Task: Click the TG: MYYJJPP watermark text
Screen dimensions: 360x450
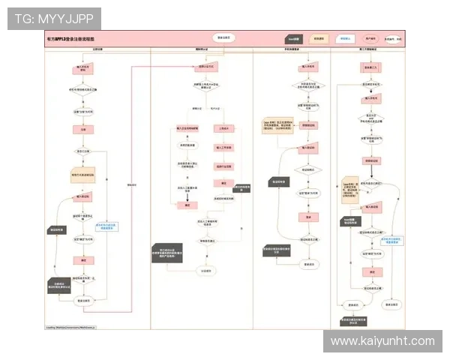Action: pyautogui.click(x=53, y=18)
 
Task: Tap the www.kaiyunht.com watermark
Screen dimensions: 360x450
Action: pyautogui.click(x=382, y=341)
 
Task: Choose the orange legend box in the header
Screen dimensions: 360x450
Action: pyautogui.click(x=319, y=38)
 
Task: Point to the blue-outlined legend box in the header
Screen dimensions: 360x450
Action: pyautogui.click(x=344, y=38)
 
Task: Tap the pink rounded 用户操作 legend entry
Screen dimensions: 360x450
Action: pyautogui.click(x=370, y=38)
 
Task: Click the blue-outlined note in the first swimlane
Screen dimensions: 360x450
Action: pyautogui.click(x=106, y=225)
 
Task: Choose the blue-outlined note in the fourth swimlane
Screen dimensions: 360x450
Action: pyautogui.click(x=392, y=241)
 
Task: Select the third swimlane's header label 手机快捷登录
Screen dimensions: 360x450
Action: pyautogui.click(x=304, y=50)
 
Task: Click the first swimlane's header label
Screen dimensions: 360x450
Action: pyautogui.click(x=97, y=50)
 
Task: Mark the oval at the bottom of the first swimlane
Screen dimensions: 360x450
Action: pyautogui.click(x=84, y=300)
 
